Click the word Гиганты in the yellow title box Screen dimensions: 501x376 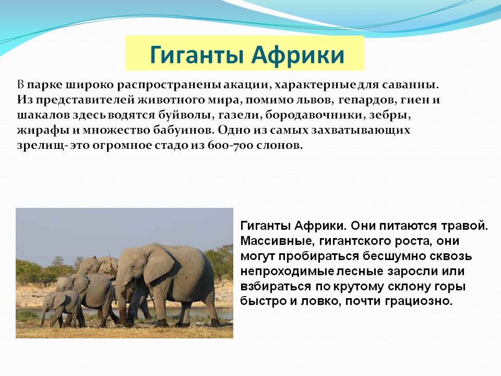[197, 55]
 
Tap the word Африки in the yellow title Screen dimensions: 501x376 [298, 54]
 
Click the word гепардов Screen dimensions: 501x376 [363, 101]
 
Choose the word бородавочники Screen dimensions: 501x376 [313, 115]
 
